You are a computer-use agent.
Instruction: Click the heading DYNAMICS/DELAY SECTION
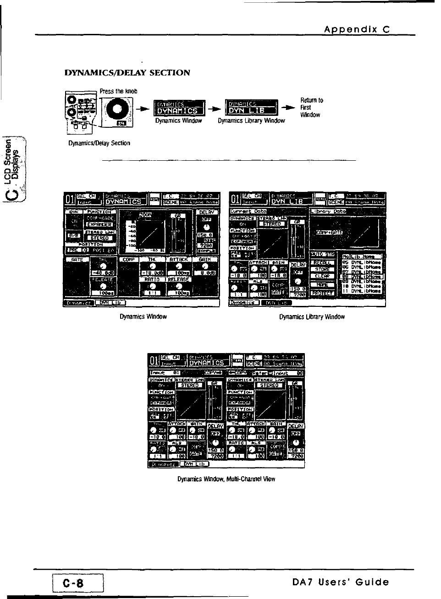127,73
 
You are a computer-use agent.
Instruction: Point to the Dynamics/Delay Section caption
99,143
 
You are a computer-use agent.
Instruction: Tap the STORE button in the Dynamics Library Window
323,269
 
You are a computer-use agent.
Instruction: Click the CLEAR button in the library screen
323,276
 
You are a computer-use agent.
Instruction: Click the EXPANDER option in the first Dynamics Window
100,224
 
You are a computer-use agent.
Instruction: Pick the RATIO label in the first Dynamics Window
152,279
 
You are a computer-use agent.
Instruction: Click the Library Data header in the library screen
328,211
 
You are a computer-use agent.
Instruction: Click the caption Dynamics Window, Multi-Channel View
226,479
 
